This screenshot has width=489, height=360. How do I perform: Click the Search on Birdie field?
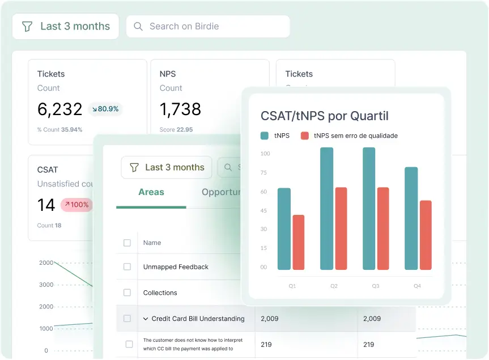click(x=207, y=26)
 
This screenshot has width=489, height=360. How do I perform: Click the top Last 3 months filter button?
click(x=66, y=26)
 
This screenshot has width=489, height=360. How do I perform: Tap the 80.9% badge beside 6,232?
click(x=105, y=109)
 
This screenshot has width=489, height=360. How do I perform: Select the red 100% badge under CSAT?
click(x=76, y=205)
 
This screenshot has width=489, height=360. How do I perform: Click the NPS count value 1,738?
click(x=180, y=109)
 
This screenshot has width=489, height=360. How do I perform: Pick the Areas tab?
click(x=151, y=192)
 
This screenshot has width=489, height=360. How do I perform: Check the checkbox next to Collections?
click(x=127, y=293)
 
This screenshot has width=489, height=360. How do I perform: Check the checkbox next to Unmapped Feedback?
click(x=127, y=266)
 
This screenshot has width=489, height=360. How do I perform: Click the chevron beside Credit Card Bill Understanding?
click(x=145, y=319)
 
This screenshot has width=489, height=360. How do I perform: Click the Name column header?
click(x=152, y=243)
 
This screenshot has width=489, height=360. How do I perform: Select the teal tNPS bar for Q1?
click(x=284, y=228)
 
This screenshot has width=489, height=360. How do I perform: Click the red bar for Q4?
click(x=426, y=235)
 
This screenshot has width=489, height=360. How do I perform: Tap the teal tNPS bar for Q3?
click(x=369, y=209)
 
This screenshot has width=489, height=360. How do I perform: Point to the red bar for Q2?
click(x=341, y=228)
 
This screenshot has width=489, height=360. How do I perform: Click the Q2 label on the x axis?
click(x=334, y=286)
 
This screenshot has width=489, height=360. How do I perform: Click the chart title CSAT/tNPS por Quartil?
click(x=324, y=116)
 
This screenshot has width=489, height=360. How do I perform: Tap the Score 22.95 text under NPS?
click(x=176, y=130)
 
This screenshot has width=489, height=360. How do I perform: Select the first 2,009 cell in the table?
click(x=270, y=319)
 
